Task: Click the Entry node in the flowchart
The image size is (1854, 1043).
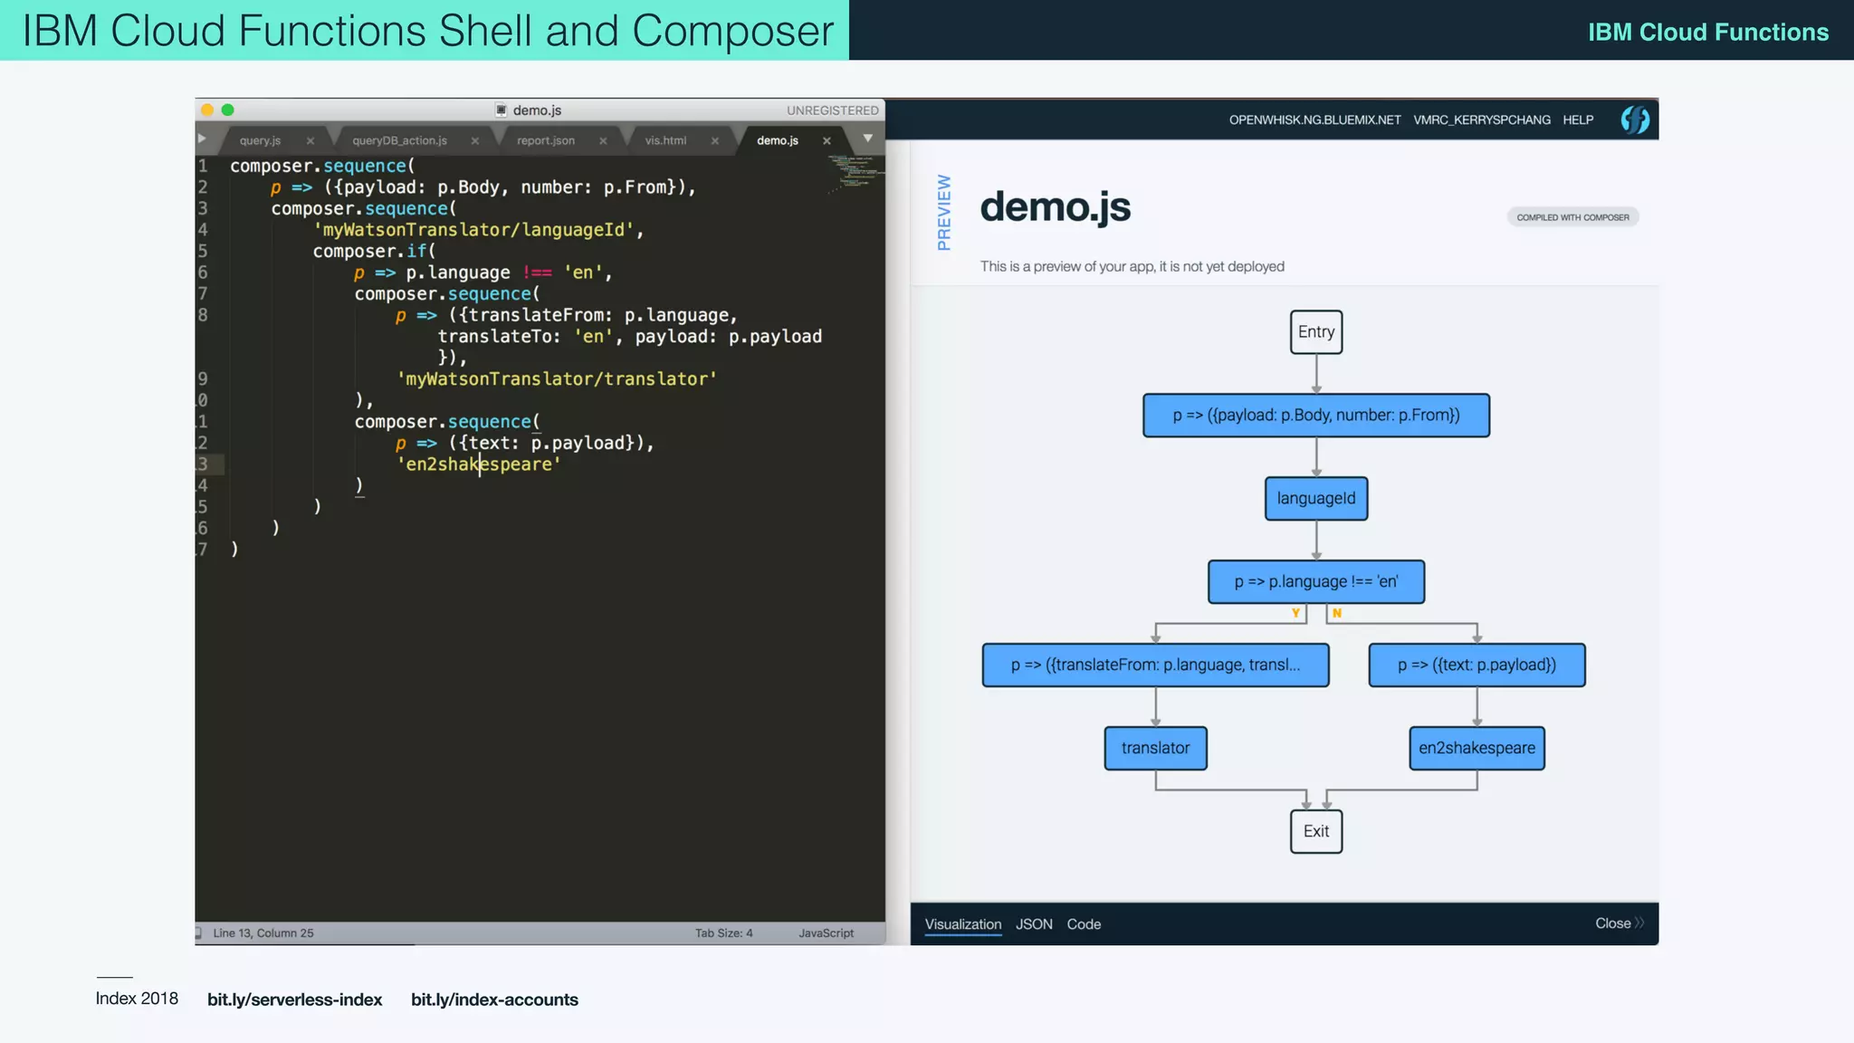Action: (1315, 332)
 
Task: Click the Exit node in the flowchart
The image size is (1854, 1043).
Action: (1315, 831)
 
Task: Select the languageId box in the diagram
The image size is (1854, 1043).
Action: (1315, 499)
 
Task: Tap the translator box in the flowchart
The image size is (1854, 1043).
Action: (1155, 748)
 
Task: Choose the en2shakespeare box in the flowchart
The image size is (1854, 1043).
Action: (1477, 748)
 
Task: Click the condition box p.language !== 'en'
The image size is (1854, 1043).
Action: (1315, 582)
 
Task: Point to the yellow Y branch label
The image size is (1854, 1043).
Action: (1295, 614)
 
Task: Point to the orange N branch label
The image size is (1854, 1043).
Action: (1336, 614)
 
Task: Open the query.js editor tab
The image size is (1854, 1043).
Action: (260, 140)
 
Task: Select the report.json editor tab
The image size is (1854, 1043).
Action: (545, 140)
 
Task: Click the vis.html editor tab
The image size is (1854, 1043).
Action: (665, 140)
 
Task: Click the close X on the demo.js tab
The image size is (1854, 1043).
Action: (827, 141)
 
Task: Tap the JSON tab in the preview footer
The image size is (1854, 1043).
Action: (1034, 924)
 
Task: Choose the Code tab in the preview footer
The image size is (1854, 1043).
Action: (1084, 924)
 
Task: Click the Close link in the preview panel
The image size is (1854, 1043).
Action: (1613, 923)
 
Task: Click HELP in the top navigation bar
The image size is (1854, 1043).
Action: (1578, 120)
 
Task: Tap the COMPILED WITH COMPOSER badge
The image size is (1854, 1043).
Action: (1572, 217)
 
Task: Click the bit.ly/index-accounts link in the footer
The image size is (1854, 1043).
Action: (494, 1000)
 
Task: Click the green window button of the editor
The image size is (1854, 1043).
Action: (228, 110)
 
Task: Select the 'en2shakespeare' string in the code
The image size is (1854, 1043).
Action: (479, 464)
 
